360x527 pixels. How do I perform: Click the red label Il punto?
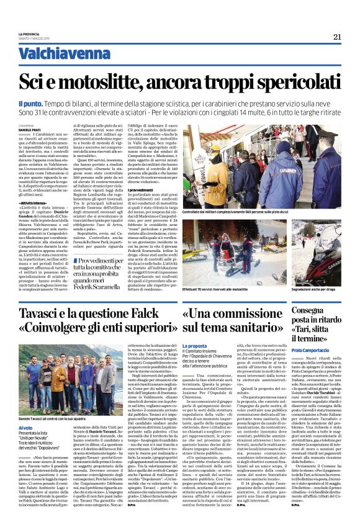(x=47, y=102)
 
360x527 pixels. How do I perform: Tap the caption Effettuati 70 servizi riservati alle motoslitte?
(x=227, y=289)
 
